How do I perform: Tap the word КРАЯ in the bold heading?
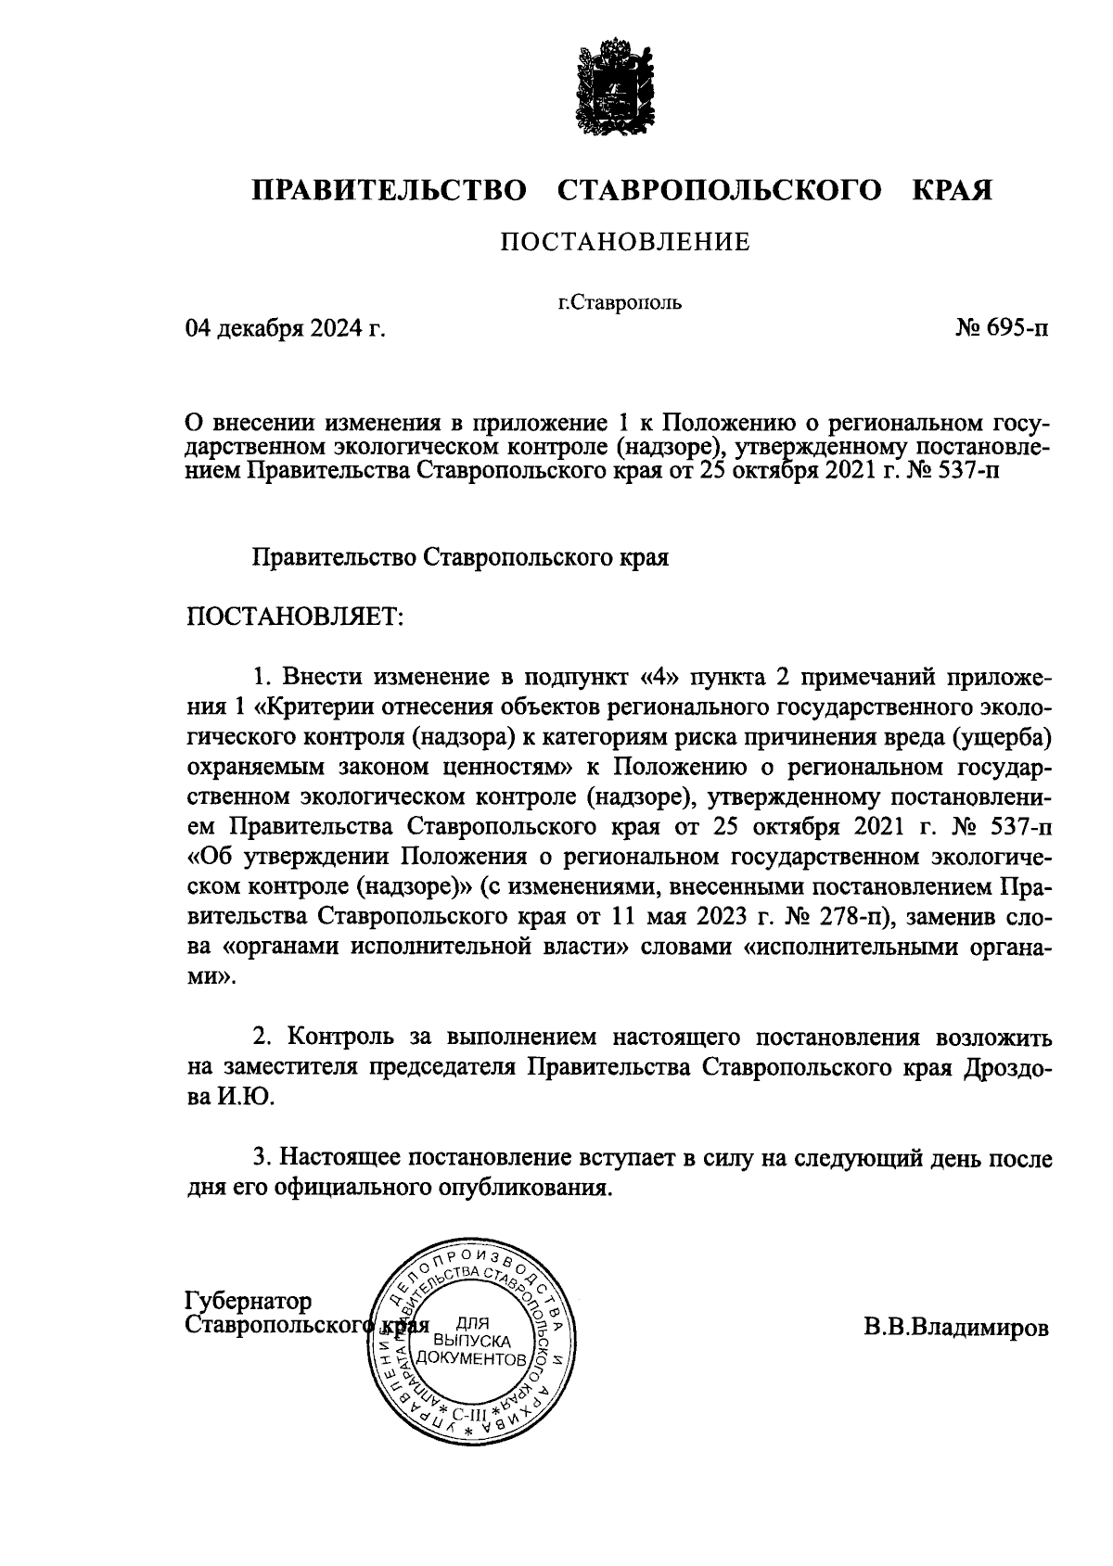click(x=953, y=190)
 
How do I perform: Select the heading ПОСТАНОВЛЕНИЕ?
click(x=625, y=243)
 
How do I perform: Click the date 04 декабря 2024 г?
click(x=285, y=328)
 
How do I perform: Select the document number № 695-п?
click(x=1003, y=328)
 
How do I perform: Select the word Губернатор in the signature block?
click(x=249, y=1301)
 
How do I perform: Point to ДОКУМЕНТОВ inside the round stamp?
click(x=472, y=1358)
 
